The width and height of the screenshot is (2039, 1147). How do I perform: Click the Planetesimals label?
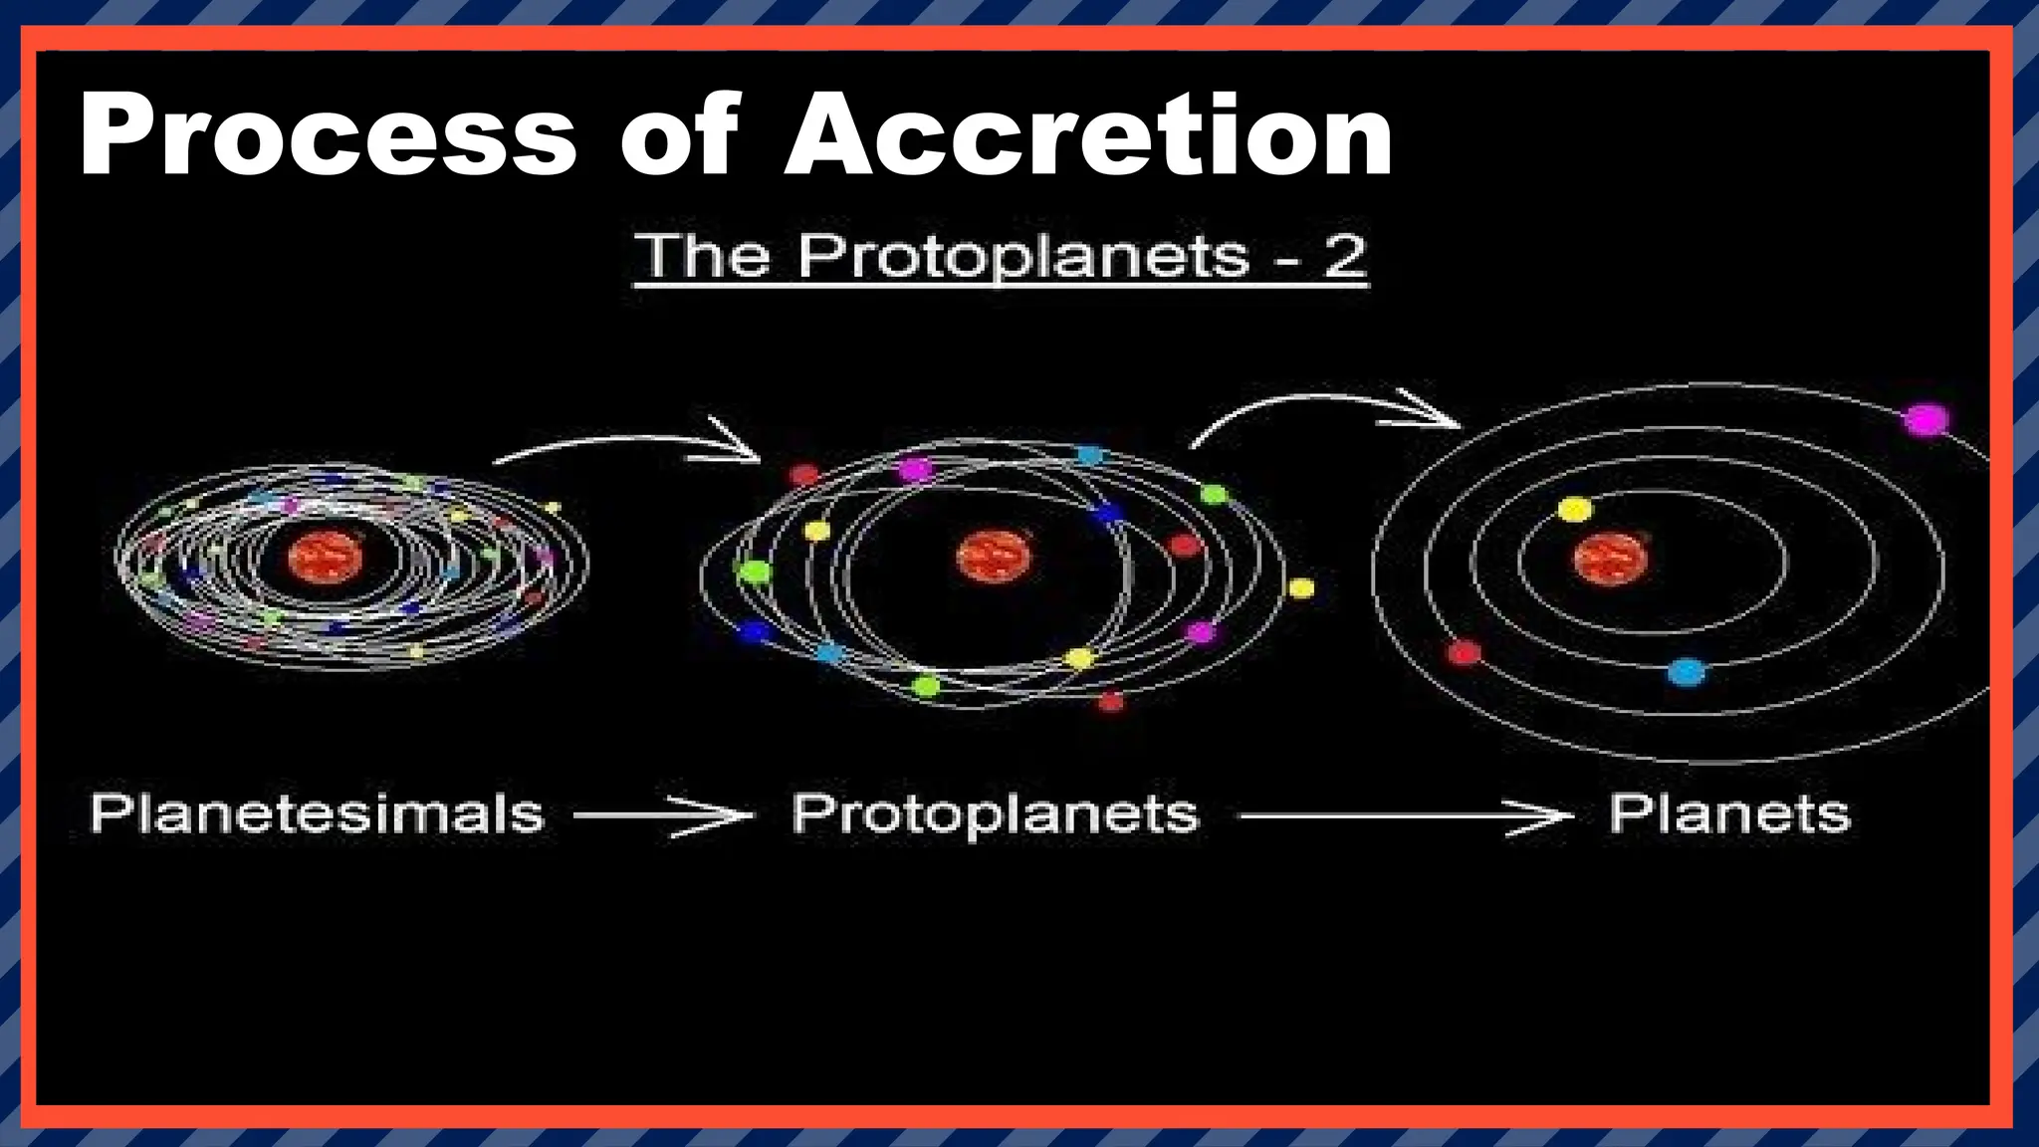tap(317, 814)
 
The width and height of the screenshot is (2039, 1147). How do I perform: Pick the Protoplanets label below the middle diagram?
tap(995, 814)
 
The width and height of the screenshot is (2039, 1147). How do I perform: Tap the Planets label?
tap(1729, 814)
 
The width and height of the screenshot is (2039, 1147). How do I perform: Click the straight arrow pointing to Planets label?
tap(1404, 817)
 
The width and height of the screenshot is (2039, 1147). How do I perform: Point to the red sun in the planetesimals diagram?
tap(325, 558)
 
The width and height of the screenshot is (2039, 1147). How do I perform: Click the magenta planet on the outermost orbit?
tap(1926, 419)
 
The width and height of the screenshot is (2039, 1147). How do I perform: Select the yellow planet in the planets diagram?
tap(1574, 511)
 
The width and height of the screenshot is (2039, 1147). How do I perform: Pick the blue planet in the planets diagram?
tap(1686, 672)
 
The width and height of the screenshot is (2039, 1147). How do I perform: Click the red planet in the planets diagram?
tap(1464, 653)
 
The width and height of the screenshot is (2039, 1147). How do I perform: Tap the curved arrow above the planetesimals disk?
tap(627, 443)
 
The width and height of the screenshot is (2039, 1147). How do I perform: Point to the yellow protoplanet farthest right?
tap(1300, 588)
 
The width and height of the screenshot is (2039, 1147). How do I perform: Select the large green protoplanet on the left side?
tap(754, 572)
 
